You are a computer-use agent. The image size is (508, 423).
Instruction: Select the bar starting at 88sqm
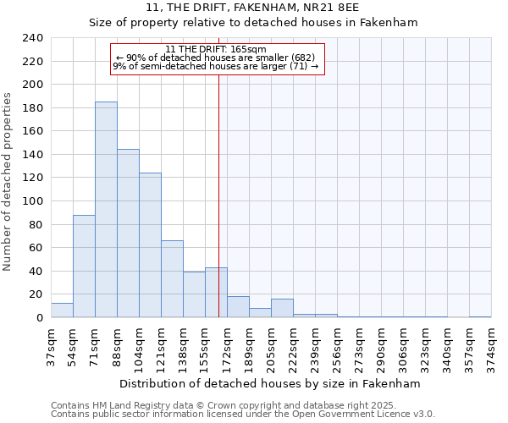click(128, 233)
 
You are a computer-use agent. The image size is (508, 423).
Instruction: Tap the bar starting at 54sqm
click(84, 266)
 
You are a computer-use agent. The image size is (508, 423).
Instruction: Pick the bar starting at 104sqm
click(150, 245)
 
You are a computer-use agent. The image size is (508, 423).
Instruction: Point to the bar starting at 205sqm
click(282, 309)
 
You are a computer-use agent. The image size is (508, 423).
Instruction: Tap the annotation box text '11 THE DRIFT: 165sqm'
click(216, 49)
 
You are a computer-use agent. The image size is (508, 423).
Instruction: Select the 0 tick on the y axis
click(39, 318)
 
